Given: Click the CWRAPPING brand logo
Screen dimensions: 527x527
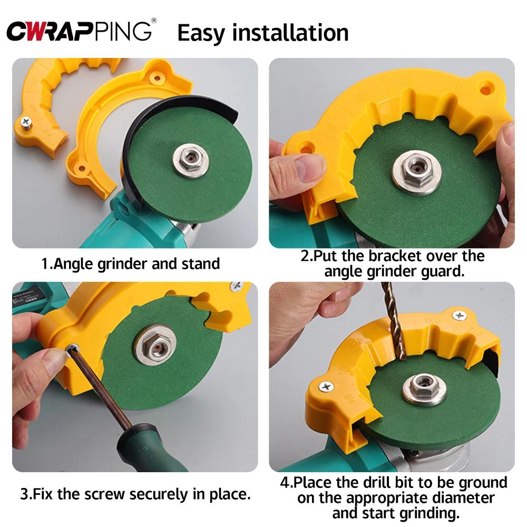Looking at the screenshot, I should coord(79,32).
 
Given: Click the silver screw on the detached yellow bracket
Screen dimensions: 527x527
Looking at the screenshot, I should coord(25,122).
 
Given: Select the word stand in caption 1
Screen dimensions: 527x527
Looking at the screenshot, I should coord(200,263).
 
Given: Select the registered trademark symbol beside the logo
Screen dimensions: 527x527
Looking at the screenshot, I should coord(153,21).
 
